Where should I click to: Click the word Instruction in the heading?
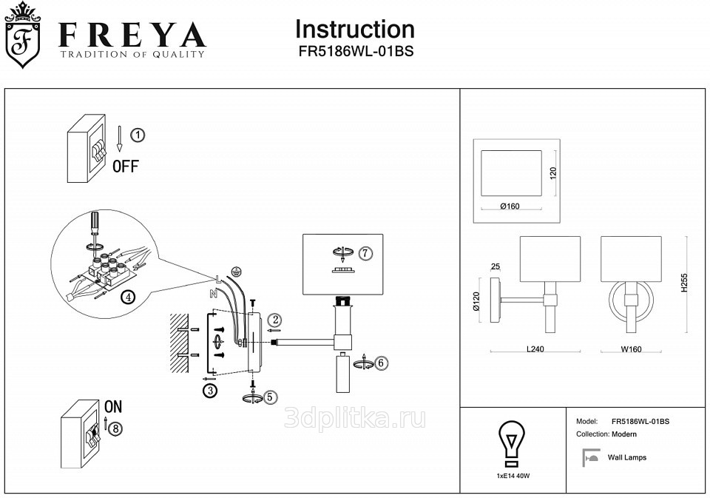point(354,30)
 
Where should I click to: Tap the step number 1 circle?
point(138,135)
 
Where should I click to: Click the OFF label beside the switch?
point(125,166)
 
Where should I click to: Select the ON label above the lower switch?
point(113,406)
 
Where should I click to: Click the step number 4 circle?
point(128,297)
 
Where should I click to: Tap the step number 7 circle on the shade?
point(365,253)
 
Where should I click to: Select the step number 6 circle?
point(380,363)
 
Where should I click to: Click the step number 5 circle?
point(271,397)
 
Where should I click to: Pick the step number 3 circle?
point(211,391)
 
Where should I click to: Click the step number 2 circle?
point(275,320)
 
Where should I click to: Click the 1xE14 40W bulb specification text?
point(514,476)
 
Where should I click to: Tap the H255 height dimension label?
point(684,282)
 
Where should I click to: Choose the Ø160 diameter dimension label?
point(510,206)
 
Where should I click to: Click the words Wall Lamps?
point(626,457)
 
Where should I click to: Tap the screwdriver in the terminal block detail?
point(94,225)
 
